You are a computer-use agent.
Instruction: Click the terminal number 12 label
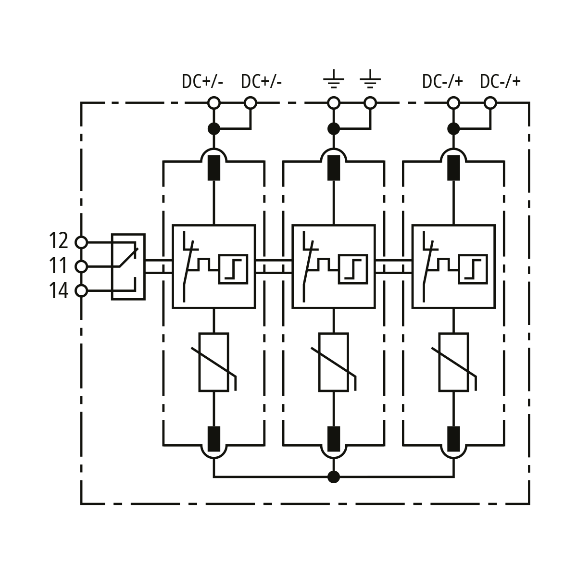59,240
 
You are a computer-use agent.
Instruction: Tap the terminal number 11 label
59,266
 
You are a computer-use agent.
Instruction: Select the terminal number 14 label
59,291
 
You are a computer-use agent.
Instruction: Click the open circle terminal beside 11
82,266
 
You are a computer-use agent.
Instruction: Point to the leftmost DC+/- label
202,81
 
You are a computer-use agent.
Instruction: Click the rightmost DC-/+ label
500,81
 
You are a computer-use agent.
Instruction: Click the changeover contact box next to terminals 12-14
128,267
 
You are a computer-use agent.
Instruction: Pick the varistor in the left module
214,362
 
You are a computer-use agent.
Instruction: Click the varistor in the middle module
334,362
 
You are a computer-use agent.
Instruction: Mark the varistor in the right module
453,362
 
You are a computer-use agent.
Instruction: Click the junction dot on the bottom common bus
334,477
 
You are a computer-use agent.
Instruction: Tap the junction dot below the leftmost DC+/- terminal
214,128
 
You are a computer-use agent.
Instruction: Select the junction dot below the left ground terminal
334,128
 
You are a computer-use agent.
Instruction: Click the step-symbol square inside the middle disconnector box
353,268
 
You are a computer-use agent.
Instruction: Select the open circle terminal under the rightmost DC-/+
490,103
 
